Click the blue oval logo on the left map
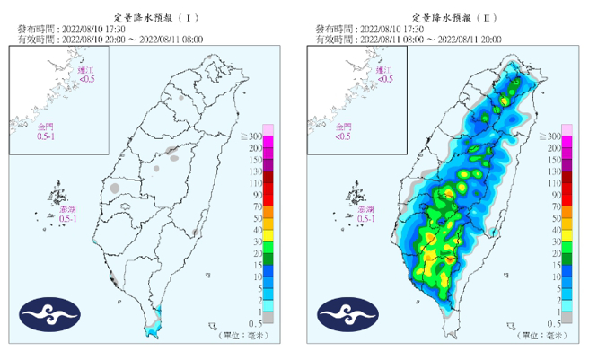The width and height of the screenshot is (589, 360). [49, 313]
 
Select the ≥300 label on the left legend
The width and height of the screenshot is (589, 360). [251, 136]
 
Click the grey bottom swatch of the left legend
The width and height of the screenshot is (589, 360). [267, 317]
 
